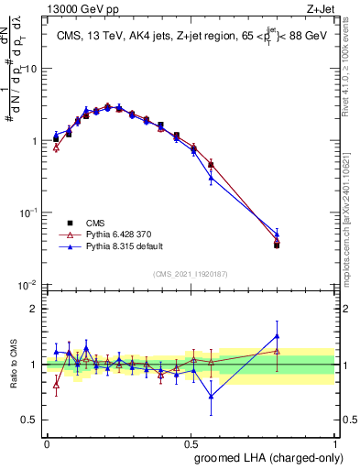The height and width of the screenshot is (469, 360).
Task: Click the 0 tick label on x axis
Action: (47, 443)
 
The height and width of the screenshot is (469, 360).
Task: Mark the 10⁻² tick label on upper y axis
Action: (28, 284)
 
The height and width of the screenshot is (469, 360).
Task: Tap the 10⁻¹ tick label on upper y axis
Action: (28, 213)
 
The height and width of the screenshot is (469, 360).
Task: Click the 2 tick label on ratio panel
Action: (34, 309)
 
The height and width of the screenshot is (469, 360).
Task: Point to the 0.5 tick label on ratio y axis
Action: (30, 420)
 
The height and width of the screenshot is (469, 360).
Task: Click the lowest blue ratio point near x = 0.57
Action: (212, 397)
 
